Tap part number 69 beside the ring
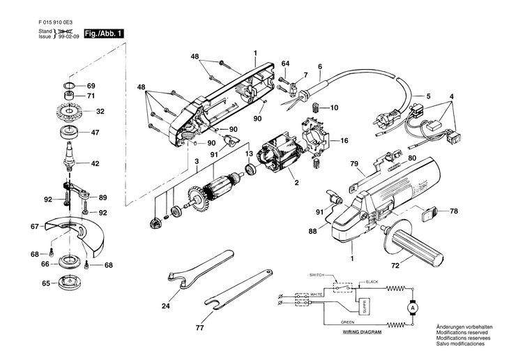pyautogui.click(x=91, y=85)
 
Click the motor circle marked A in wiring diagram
pyautogui.click(x=412, y=307)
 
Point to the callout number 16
pyautogui.click(x=344, y=140)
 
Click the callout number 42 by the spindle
pyautogui.click(x=96, y=164)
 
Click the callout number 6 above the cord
pyautogui.click(x=319, y=67)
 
